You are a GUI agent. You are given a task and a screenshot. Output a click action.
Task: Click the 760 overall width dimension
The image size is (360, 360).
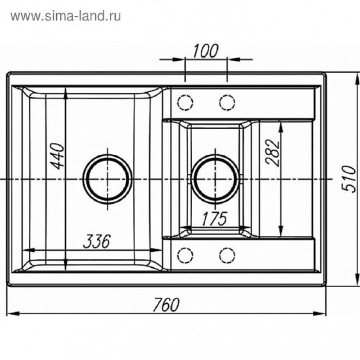click(166, 305)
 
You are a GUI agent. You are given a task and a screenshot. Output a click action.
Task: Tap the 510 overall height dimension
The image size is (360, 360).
click(348, 179)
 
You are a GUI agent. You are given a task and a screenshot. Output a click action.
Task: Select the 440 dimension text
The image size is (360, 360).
click(57, 156)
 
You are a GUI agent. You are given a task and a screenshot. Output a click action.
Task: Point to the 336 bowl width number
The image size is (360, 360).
click(97, 242)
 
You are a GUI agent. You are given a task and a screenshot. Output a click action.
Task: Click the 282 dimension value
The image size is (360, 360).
click(273, 153)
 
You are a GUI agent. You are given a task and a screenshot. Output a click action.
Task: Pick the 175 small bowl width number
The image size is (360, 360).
click(215, 218)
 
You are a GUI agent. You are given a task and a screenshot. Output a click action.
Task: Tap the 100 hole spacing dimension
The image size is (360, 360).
click(205, 51)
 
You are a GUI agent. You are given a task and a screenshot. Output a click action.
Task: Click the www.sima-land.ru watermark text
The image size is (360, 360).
click(65, 16)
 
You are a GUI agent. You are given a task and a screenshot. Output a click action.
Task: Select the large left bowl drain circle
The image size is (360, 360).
click(108, 155)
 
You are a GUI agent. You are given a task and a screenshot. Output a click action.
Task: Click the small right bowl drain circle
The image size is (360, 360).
click(215, 155)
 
